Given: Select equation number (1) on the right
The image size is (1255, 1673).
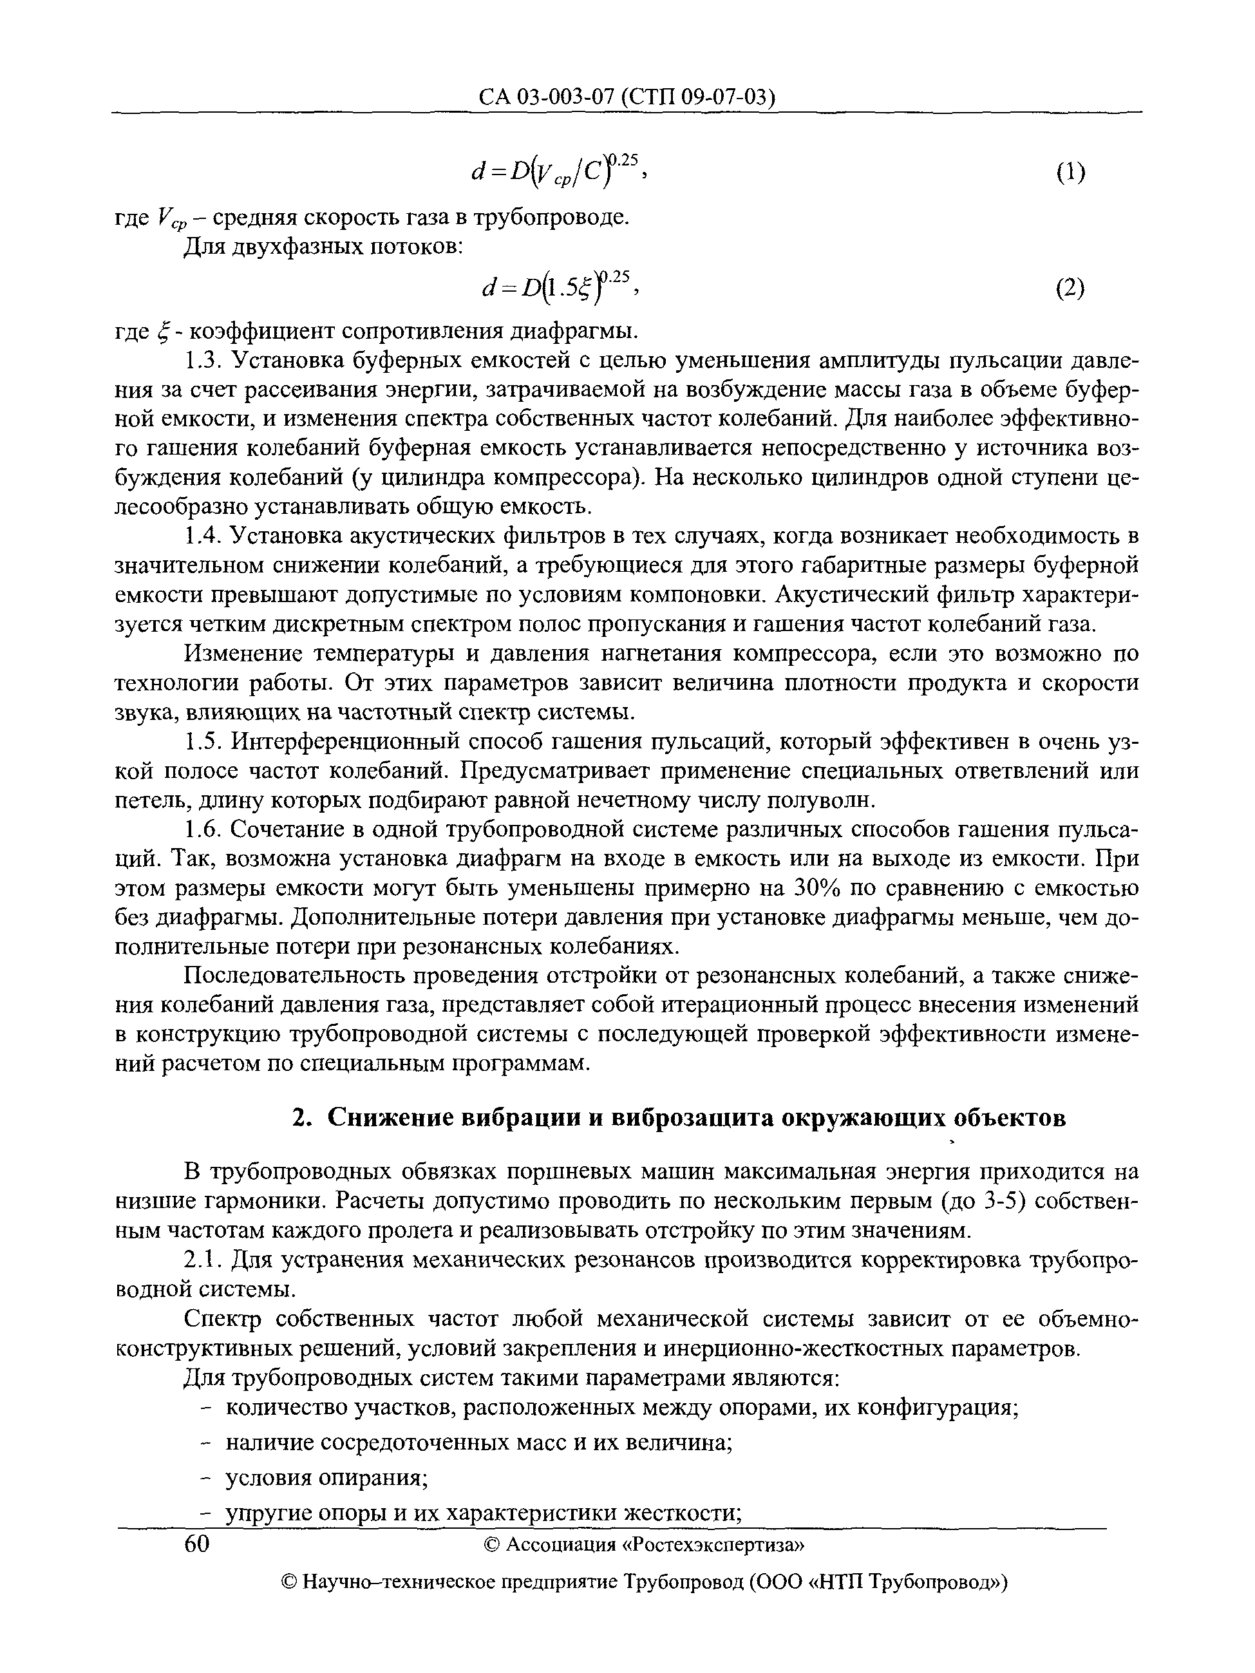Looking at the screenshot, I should click(x=1070, y=173).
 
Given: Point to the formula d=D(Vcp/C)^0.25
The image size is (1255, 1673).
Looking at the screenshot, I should click(x=556, y=171).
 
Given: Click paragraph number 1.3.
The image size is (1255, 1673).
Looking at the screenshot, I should click(x=202, y=361).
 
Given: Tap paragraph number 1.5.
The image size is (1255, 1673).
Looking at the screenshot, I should click(x=202, y=742).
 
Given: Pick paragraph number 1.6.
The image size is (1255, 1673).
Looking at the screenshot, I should click(x=202, y=831).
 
